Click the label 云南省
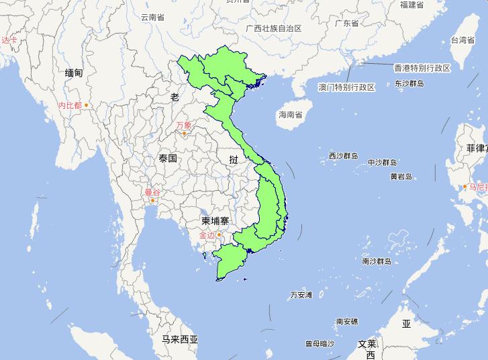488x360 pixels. pos(152,17)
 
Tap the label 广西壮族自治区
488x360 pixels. pos(274,28)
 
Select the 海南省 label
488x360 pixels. pos(290,115)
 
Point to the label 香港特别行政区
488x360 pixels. pos(422,68)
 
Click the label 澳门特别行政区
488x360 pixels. pos(346,87)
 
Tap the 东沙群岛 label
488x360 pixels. pos(409,84)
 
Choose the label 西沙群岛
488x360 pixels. pos(343,156)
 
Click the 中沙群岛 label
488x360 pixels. pos(383,163)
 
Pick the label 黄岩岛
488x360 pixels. pos(401,177)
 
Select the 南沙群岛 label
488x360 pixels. pos(377,261)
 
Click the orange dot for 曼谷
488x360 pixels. pos(154,200)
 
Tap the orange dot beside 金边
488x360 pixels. pos(218,234)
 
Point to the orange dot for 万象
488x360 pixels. pos(184,133)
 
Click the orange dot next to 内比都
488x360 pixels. pos(86,105)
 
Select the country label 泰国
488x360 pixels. pos(168,159)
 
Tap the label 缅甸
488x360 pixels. pos(74,73)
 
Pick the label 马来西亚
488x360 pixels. pos(180,339)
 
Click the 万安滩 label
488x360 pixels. pos(301,295)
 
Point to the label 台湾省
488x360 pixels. pos(462,40)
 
